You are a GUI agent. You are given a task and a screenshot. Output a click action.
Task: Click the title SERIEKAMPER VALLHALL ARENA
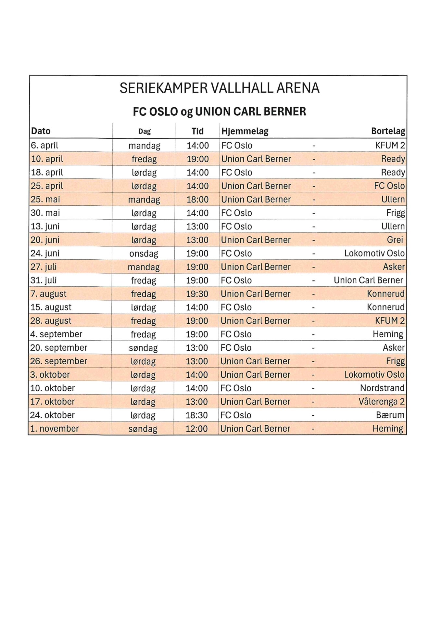[220, 88]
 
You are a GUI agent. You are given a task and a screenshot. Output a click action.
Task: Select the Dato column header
[41, 131]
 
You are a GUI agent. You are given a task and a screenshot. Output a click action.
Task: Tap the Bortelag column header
[388, 131]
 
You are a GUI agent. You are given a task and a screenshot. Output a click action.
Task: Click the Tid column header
[197, 131]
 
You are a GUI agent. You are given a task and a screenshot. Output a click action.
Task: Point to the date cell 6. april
[44, 145]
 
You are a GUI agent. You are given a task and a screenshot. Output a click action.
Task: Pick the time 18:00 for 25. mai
[197, 200]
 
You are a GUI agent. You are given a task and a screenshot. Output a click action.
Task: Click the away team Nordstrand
[382, 388]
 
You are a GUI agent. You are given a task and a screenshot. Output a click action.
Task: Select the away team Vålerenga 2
[382, 402]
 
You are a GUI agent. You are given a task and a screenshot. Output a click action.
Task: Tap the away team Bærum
[390, 415]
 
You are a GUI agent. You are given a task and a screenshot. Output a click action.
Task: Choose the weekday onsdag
[144, 253]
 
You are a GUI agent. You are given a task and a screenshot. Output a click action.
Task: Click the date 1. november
[55, 429]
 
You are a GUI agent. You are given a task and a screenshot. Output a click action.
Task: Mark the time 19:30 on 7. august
[197, 294]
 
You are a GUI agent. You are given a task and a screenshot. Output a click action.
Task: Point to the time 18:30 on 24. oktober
[196, 415]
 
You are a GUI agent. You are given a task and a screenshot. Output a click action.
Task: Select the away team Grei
[395, 240]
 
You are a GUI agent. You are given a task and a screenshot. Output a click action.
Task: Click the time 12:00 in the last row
[196, 429]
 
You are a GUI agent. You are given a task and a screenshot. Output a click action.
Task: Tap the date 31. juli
[44, 280]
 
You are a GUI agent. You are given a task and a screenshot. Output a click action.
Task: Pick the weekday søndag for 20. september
[143, 348]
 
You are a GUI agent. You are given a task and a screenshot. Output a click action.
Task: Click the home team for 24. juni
[236, 253]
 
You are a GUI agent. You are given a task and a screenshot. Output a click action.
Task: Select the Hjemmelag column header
[245, 131]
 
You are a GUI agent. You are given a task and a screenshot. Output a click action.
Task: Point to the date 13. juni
[45, 227]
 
